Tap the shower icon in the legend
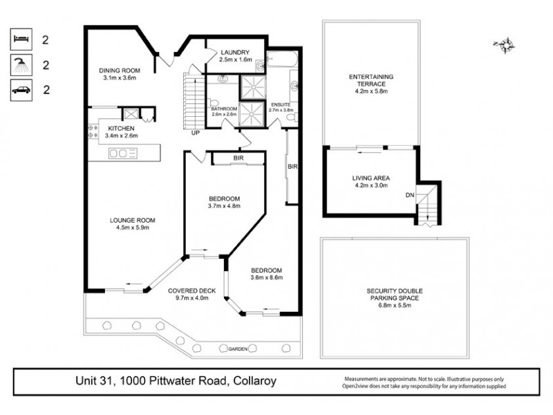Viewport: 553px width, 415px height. [21, 65]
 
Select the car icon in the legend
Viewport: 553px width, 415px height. [21, 89]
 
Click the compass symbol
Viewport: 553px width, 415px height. [507, 46]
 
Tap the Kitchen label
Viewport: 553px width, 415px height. [120, 129]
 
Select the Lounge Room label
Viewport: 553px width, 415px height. [130, 223]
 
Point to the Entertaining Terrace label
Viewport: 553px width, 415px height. [372, 80]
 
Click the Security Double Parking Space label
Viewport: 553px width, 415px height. [395, 294]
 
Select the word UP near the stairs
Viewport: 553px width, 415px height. [196, 133]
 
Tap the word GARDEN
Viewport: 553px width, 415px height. [240, 350]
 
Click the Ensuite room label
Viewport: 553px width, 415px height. [280, 105]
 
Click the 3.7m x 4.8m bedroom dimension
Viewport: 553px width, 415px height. [223, 206]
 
